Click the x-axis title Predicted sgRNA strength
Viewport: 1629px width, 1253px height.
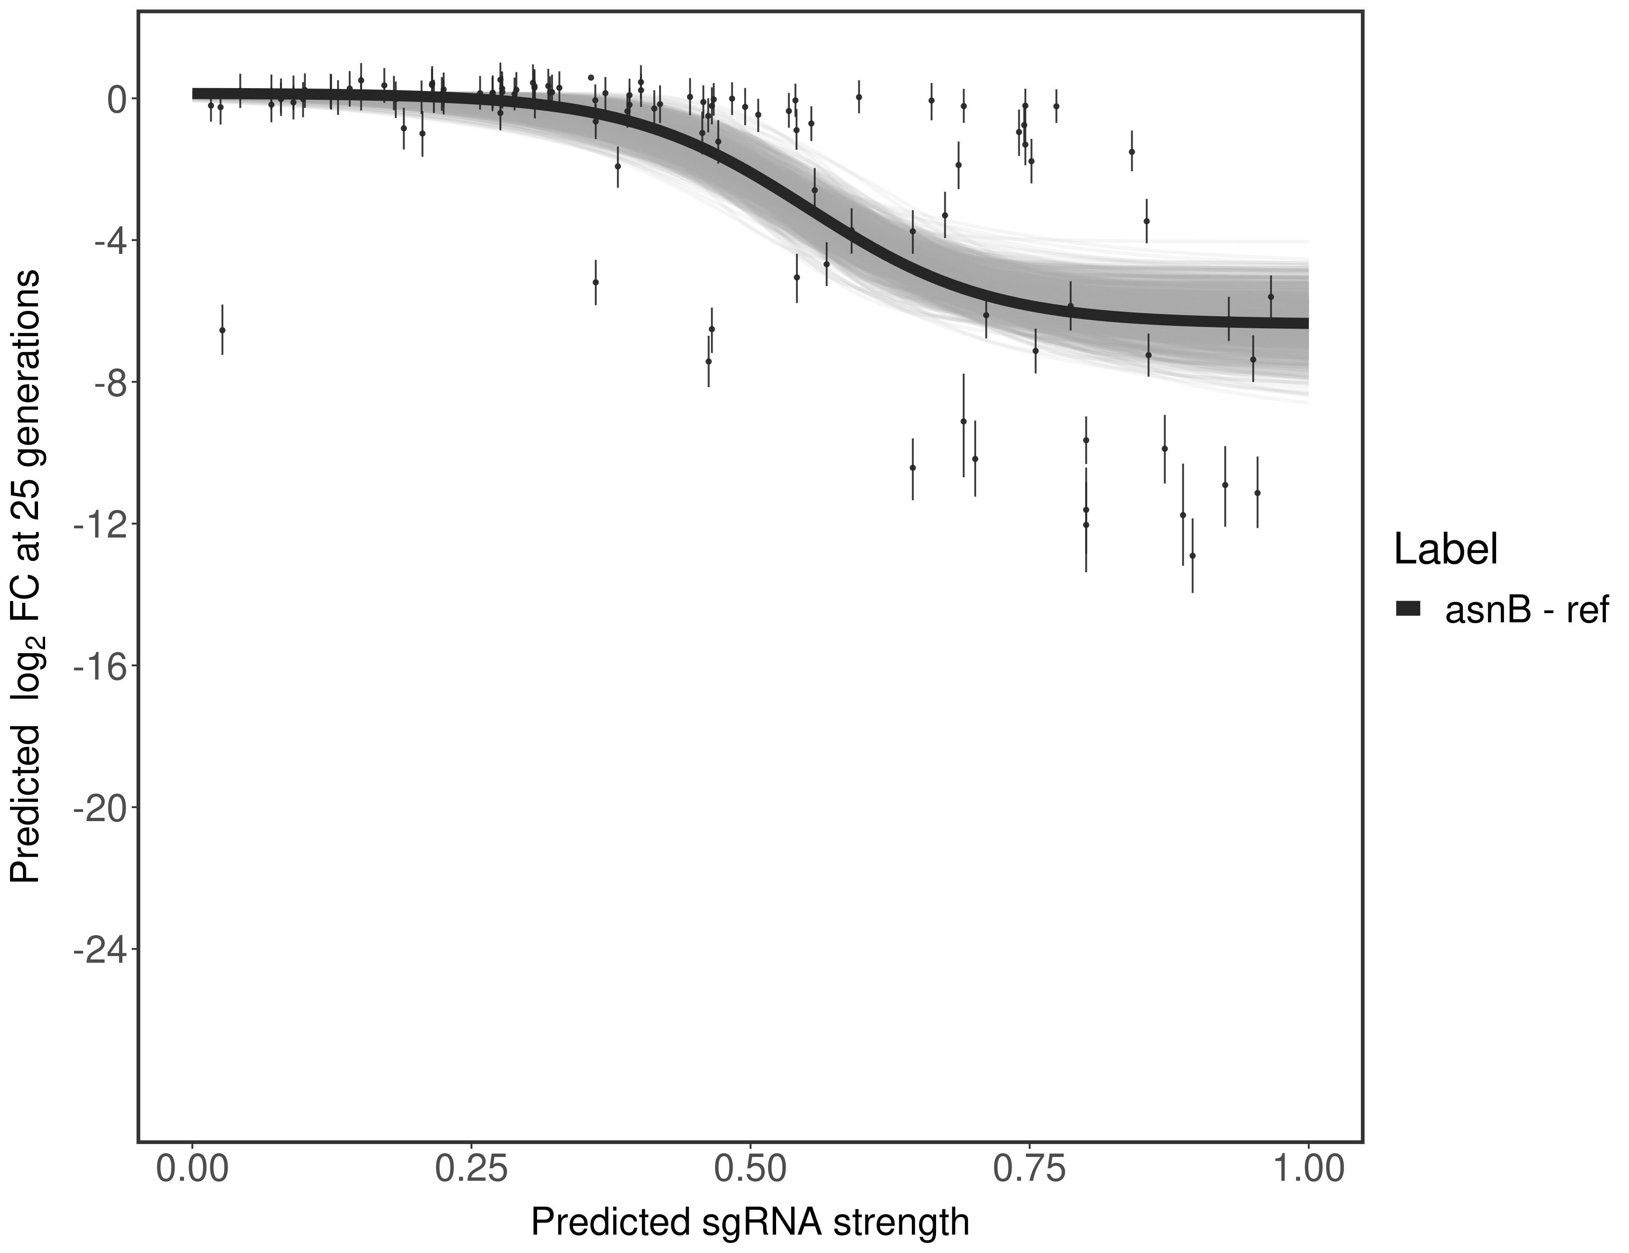(750, 1223)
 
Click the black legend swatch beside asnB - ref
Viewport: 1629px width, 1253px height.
(1408, 609)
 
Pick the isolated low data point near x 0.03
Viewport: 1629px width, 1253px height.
(222, 330)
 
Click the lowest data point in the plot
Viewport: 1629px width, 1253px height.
(1192, 555)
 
